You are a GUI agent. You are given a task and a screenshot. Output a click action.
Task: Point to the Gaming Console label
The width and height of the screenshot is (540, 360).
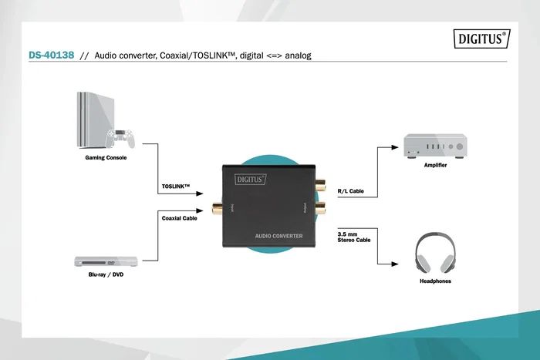click(x=105, y=157)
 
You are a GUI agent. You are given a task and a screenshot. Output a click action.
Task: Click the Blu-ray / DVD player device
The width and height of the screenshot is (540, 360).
click(x=106, y=261)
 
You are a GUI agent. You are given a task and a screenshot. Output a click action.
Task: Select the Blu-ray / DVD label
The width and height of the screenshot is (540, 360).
click(x=106, y=274)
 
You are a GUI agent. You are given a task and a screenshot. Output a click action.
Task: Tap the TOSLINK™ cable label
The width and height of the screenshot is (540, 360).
click(x=176, y=187)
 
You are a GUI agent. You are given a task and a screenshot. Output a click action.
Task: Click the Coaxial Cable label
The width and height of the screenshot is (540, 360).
click(x=180, y=218)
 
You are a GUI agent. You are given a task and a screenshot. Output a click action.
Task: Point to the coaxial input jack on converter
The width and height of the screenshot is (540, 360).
click(x=218, y=207)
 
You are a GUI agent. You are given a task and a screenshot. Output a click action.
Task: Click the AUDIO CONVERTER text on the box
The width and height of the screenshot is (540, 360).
click(x=278, y=235)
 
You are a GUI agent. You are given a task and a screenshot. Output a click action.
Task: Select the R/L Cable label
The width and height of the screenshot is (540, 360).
click(x=350, y=190)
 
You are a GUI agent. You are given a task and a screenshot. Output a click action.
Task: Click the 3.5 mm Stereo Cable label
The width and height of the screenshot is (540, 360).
click(x=354, y=237)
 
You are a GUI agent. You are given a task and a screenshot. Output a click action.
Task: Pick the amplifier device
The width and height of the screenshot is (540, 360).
click(x=436, y=146)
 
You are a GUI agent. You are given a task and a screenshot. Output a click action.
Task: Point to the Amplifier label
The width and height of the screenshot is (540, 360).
click(x=435, y=165)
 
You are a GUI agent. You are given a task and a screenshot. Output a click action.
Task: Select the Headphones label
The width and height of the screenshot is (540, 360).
click(x=435, y=281)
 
